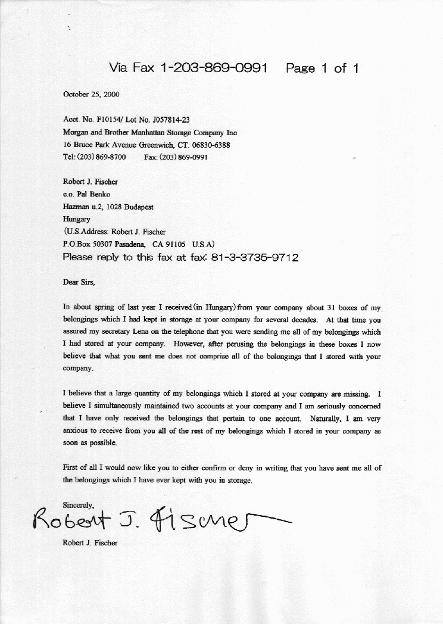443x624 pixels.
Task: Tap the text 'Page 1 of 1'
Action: [x=322, y=68]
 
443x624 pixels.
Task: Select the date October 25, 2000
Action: [x=91, y=94]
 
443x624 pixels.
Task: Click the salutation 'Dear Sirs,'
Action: [x=79, y=282]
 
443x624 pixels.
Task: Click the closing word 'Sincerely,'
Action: [x=79, y=505]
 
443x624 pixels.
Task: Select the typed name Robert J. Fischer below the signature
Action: [x=90, y=543]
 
